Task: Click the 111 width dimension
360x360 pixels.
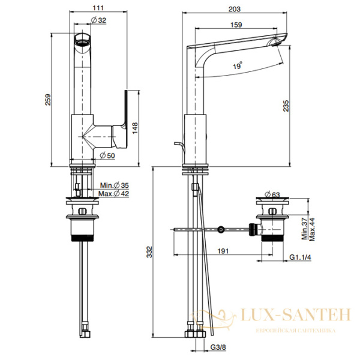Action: pos(98,8)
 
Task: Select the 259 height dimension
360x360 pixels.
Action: pos(48,100)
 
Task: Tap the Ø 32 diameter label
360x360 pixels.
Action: pos(99,20)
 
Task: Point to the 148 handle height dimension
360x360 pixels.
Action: pos(134,128)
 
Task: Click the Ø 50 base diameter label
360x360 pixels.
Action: pos(107,155)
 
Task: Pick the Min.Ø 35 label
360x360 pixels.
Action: pos(115,185)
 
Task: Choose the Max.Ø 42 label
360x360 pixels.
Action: pos(113,194)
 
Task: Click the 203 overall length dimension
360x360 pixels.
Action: pos(235,9)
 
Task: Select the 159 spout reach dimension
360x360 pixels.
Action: pos(236,25)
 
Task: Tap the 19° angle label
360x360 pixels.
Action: pos(238,65)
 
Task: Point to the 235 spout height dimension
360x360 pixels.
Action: pos(286,106)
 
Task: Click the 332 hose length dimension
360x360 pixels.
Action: pos(149,252)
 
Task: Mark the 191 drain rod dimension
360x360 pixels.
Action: pos(223,251)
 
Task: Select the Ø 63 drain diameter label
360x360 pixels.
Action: pos(272,194)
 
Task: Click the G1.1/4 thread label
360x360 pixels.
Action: pos(300,257)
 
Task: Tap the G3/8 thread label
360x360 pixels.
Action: pos(218,347)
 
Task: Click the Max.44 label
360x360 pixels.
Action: pos(312,229)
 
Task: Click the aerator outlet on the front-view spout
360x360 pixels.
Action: pos(82,43)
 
